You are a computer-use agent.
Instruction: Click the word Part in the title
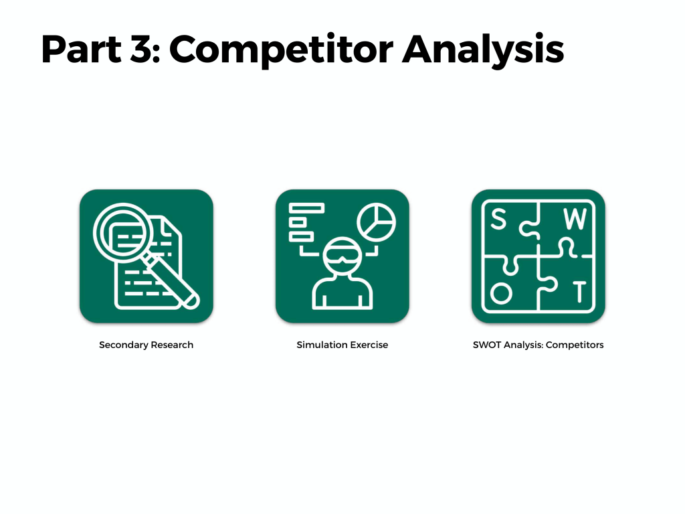coord(81,49)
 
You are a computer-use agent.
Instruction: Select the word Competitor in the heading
coord(282,51)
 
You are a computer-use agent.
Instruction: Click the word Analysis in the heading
coord(483,51)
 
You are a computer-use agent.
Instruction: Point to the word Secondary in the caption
coord(124,345)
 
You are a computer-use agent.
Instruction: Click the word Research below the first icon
coord(172,345)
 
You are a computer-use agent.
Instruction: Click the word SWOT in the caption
coord(487,345)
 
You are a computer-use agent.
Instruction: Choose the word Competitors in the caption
coord(575,345)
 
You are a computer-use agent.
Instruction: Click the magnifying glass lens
coord(124,232)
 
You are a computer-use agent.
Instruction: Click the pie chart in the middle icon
coord(376,222)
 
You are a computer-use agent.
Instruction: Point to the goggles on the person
coord(342,256)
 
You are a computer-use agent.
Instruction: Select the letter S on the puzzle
coord(498,219)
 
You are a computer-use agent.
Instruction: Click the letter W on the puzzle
coord(575,219)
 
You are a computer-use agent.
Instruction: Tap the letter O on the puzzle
coord(501,292)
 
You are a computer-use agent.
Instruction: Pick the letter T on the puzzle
coord(579,292)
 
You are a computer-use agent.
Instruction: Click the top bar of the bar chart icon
coord(306,207)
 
